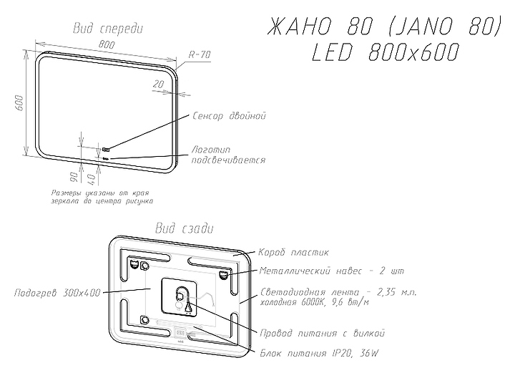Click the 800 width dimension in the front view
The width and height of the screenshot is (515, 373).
pyautogui.click(x=107, y=44)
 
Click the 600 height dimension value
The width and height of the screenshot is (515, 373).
pyautogui.click(x=19, y=102)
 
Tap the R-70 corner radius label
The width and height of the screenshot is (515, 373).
pyautogui.click(x=200, y=54)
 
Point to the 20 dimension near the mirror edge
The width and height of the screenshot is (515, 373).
pyautogui.click(x=159, y=84)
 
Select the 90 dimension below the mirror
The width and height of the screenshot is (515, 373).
pyautogui.click(x=74, y=178)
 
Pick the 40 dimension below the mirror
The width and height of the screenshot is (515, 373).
pyautogui.click(x=92, y=179)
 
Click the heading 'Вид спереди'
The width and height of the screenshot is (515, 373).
pyautogui.click(x=108, y=29)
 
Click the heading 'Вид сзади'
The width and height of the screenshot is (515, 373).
pyautogui.click(x=185, y=228)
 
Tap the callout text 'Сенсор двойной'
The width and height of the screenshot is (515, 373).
pyautogui.click(x=229, y=116)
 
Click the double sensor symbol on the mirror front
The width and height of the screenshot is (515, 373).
pyautogui.click(x=106, y=150)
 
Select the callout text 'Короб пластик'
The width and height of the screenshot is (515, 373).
pyautogui.click(x=293, y=253)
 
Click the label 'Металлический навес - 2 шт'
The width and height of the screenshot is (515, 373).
pyautogui.click(x=332, y=271)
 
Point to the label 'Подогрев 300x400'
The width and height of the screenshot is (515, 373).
pyautogui.click(x=57, y=293)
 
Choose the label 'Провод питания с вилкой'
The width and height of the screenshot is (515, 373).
pyautogui.click(x=322, y=333)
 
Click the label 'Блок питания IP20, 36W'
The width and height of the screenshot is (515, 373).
pyautogui.click(x=319, y=353)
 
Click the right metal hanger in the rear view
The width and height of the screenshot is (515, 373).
pyautogui.click(x=224, y=274)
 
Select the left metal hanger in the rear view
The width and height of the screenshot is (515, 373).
pyautogui.click(x=134, y=264)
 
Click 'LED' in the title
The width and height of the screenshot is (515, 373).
pyautogui.click(x=333, y=52)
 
